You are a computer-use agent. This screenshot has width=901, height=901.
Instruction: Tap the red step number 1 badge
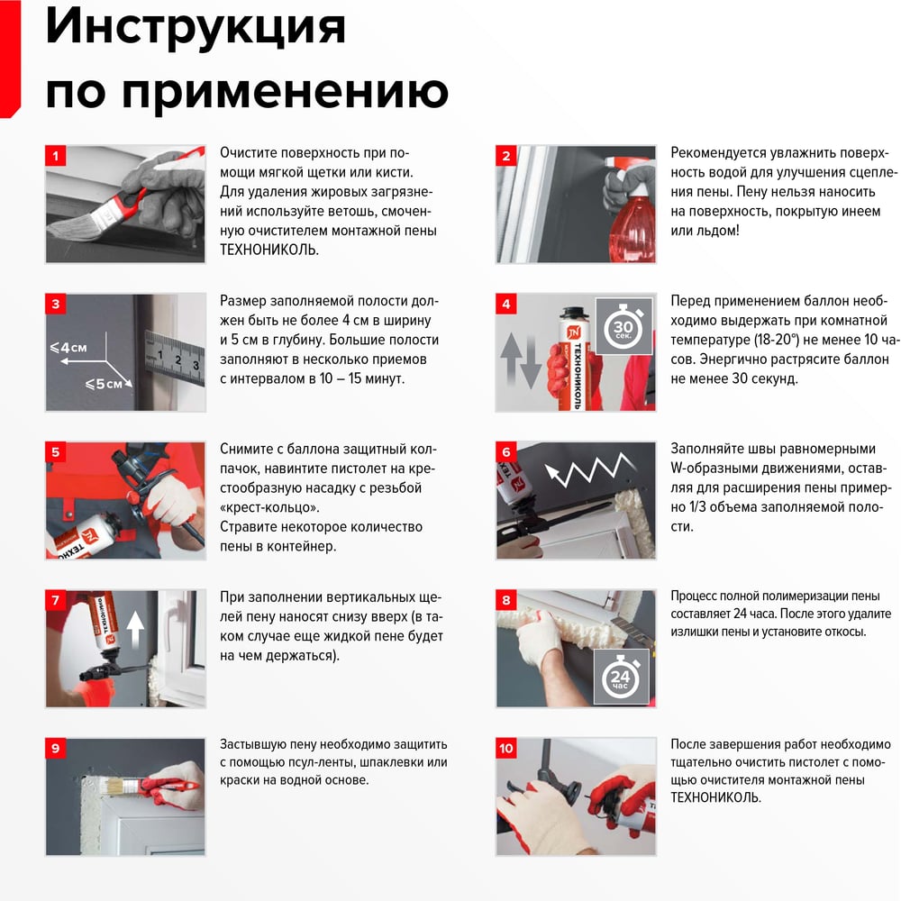[56, 156]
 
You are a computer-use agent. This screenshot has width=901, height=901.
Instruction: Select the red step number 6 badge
[506, 451]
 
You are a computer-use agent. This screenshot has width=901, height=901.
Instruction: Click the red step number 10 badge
[506, 748]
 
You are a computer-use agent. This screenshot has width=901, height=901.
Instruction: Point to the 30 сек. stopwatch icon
[623, 326]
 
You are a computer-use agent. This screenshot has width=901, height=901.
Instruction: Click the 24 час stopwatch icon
[621, 677]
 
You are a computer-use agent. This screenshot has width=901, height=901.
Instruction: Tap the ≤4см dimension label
[68, 348]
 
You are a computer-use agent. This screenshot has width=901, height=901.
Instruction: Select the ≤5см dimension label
[104, 383]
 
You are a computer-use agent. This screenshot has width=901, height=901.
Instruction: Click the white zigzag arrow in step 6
[589, 469]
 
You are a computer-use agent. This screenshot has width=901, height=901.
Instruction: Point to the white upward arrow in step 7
[135, 630]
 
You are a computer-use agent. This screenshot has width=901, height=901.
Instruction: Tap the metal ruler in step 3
[175, 358]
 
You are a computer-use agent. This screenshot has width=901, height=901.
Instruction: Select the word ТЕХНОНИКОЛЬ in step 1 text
[268, 250]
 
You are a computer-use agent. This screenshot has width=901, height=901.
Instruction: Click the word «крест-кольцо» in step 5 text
[269, 507]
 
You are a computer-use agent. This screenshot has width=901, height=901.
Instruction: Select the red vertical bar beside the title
[10, 59]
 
